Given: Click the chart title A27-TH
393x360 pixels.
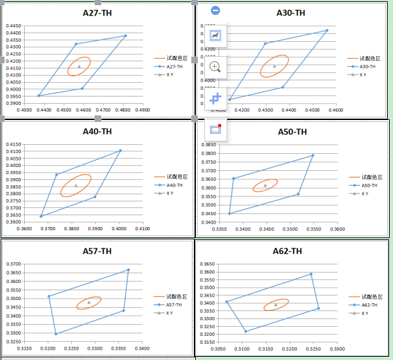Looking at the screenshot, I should pos(97,12).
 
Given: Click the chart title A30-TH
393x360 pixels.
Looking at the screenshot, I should pos(291,12).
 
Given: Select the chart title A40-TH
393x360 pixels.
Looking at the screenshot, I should pos(97,131).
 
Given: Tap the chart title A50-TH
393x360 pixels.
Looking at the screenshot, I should pos(292,132).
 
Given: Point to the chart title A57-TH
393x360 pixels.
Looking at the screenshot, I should pos(97,251).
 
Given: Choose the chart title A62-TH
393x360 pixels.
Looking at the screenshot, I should pos(287,251).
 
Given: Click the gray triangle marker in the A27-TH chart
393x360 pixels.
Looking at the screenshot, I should pos(79,66).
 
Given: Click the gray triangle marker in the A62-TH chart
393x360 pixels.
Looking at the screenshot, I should pos(275,304).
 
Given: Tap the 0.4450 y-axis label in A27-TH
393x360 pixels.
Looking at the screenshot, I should pos(14,26).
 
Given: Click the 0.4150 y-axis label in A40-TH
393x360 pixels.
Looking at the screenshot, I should pos(14,144).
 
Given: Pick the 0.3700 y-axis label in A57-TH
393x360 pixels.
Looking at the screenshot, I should pos(14,264).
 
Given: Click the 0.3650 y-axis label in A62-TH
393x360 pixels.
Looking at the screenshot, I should pos(207,264).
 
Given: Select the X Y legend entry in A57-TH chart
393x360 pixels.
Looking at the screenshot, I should pos(170,313).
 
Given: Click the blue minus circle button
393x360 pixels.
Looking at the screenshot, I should pos(215,10).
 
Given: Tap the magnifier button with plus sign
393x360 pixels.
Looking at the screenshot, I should pos(215,67).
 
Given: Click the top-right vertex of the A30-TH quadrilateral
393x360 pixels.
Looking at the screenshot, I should pos(326,31).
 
